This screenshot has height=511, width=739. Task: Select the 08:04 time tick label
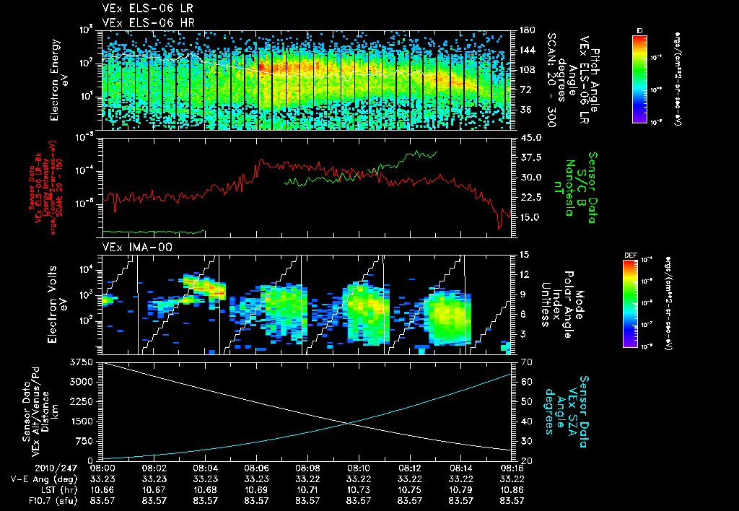coord(206,468)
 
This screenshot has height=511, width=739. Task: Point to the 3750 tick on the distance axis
coord(85,361)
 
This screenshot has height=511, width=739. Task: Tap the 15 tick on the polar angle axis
coord(523,254)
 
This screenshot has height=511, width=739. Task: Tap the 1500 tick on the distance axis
coord(85,421)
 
